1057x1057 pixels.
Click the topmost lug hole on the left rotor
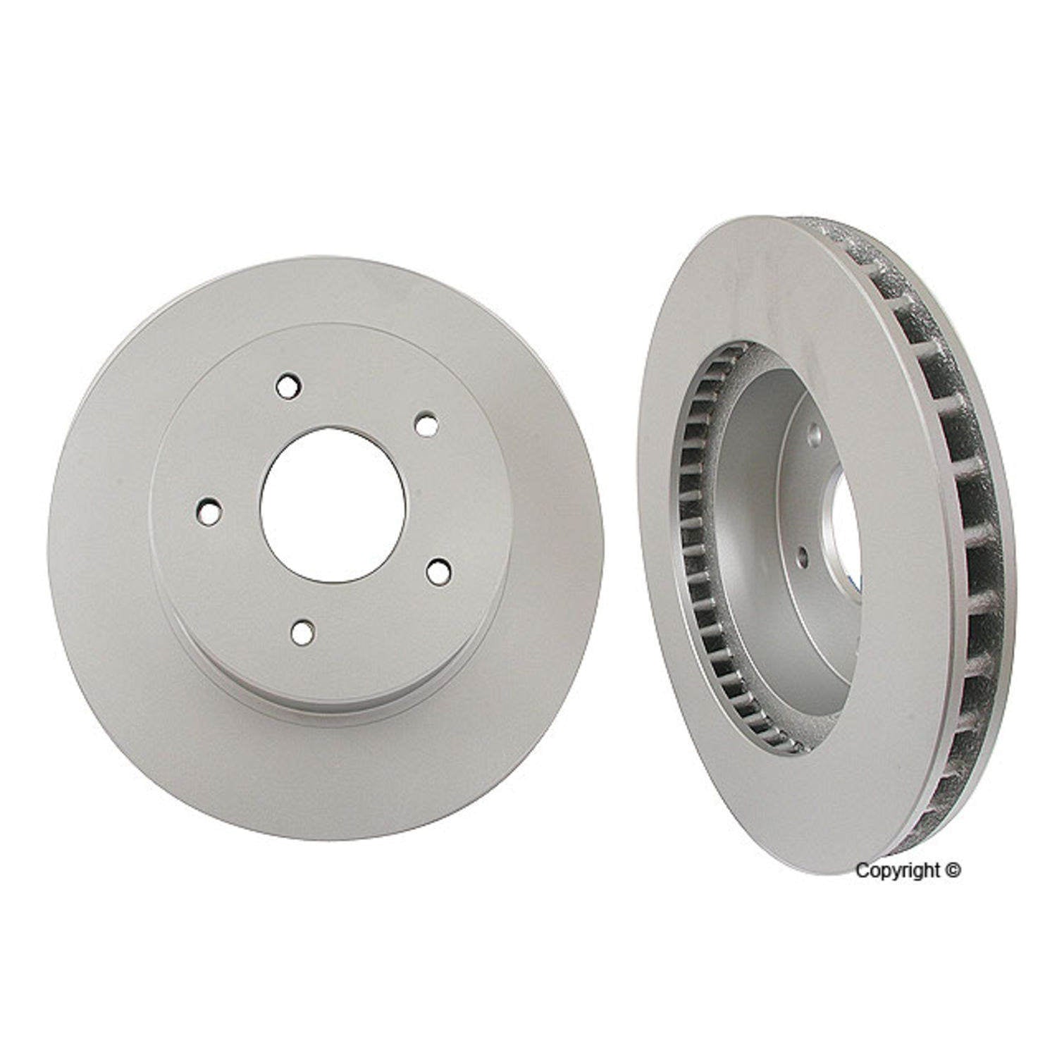click(x=288, y=385)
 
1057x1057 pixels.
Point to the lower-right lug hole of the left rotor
click(x=438, y=571)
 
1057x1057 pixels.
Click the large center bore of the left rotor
click(x=333, y=505)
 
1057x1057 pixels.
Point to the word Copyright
click(x=897, y=872)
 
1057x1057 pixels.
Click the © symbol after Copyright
click(x=953, y=872)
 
